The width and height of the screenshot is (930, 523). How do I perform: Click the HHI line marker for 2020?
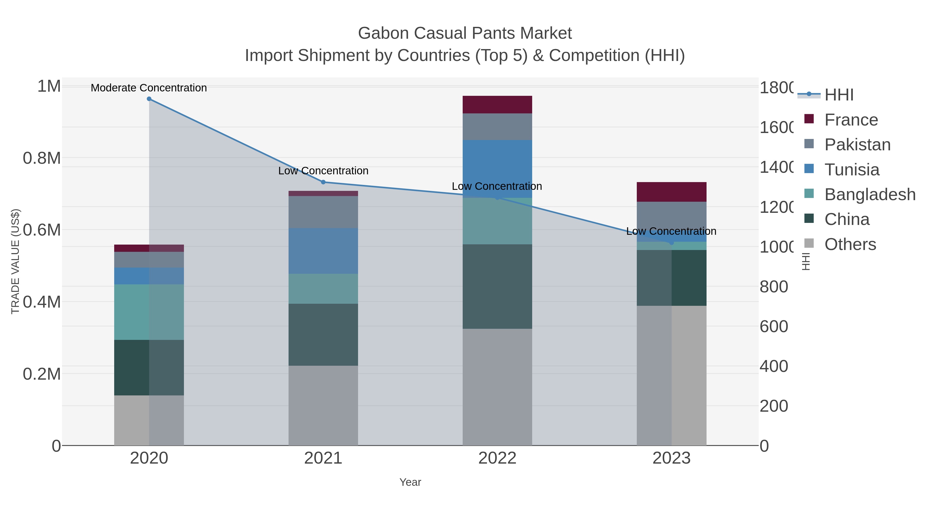coord(149,99)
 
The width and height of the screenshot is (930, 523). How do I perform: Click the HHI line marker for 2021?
coord(323,182)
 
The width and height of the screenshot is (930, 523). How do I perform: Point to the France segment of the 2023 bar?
coord(671,192)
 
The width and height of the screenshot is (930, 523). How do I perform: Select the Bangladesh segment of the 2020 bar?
coord(149,312)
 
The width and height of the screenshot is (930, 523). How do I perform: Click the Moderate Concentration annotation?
coord(149,88)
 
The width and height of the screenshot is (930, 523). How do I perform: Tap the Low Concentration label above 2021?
coord(323,171)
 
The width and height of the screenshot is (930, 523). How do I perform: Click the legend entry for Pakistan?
coord(857,145)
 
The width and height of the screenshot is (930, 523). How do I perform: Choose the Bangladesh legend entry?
coord(870,194)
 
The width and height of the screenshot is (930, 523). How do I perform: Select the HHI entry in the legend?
coord(839,95)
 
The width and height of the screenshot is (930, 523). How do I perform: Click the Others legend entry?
coord(850,244)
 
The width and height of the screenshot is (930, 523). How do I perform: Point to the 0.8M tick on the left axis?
coord(42,158)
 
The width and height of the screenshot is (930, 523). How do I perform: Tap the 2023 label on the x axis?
coord(671,458)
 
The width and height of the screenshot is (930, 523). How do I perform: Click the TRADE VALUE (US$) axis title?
coord(15,261)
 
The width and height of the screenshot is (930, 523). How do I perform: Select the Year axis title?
coord(410,482)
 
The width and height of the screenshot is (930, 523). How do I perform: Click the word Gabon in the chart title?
coord(383,33)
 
